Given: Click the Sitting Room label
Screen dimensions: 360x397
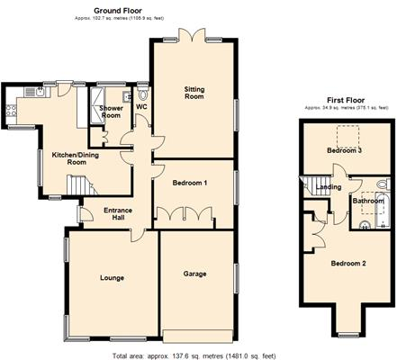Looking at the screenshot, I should [194, 94].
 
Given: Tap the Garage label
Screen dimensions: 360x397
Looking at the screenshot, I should [195, 274].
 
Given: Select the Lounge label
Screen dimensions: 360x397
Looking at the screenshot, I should [112, 277].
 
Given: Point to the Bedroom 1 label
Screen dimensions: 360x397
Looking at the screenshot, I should [190, 183].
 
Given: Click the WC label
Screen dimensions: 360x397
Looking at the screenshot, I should [141, 107].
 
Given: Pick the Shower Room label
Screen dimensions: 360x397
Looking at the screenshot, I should [111, 112].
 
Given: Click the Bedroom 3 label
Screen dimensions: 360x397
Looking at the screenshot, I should [343, 151].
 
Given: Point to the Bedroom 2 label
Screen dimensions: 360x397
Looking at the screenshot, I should [347, 263].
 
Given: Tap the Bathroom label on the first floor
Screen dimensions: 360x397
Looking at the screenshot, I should [368, 201].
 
